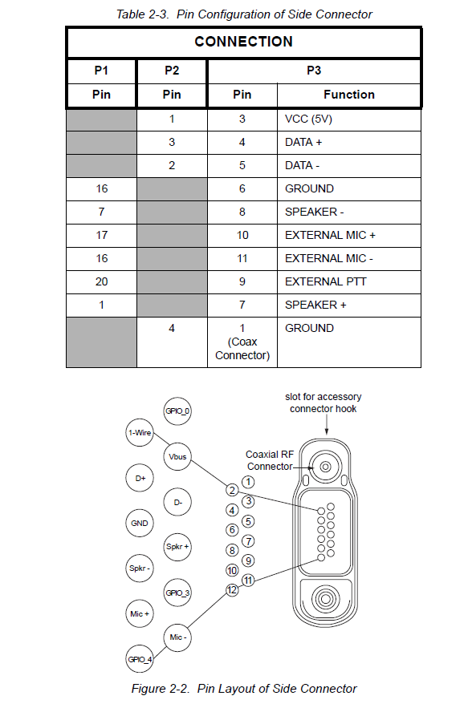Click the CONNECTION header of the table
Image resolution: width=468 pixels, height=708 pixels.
pos(244,42)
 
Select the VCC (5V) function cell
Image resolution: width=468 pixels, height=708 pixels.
pos(349,119)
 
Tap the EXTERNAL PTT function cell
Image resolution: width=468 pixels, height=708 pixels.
pos(349,281)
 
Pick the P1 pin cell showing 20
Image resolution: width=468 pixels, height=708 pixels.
pos(101,281)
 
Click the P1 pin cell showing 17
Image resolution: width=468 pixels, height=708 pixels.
pos(101,235)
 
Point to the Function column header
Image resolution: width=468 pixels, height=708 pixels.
pos(349,95)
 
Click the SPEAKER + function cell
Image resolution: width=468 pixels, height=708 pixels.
pos(349,305)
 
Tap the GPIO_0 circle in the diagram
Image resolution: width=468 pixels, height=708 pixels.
pos(177,411)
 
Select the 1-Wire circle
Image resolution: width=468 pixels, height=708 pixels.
pos(140,432)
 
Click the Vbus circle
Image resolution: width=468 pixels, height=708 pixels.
pos(177,456)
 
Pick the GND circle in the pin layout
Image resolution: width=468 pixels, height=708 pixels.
pos(140,524)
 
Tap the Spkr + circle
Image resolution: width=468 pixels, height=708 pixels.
pos(177,547)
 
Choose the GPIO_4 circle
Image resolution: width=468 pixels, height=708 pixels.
pos(140,659)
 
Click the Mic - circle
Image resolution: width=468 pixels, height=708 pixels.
pos(177,637)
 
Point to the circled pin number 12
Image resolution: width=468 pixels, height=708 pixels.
pos(232,590)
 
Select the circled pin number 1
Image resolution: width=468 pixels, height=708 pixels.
pos(248,482)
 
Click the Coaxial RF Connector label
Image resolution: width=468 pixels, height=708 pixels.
pos(270,460)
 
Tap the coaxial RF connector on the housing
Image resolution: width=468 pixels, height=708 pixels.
pos(325,467)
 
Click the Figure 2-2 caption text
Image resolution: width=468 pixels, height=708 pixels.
pos(244,689)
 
